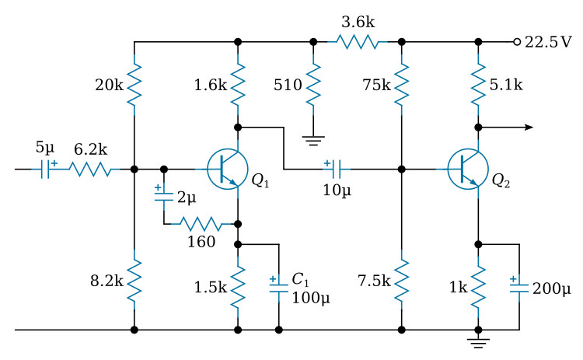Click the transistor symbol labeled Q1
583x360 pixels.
(x=227, y=170)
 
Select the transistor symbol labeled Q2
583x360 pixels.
(x=468, y=170)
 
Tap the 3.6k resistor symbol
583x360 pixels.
(x=358, y=42)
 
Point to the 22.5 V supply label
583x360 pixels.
(x=548, y=42)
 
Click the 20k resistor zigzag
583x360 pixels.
(x=134, y=85)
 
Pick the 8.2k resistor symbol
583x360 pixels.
(x=134, y=280)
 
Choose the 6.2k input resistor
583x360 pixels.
(x=90, y=170)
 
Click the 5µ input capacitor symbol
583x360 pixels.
(x=45, y=170)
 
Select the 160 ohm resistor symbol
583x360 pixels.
(x=201, y=224)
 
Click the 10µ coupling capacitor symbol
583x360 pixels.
(x=337, y=170)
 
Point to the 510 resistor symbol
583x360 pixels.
(x=313, y=85)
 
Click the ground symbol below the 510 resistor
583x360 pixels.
(x=313, y=140)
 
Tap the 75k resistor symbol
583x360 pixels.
(x=402, y=85)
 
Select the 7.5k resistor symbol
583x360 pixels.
(x=402, y=280)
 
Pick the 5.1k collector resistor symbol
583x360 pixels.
(x=478, y=85)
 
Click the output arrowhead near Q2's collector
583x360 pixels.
(x=529, y=128)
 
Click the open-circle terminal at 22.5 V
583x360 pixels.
(x=517, y=42)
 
